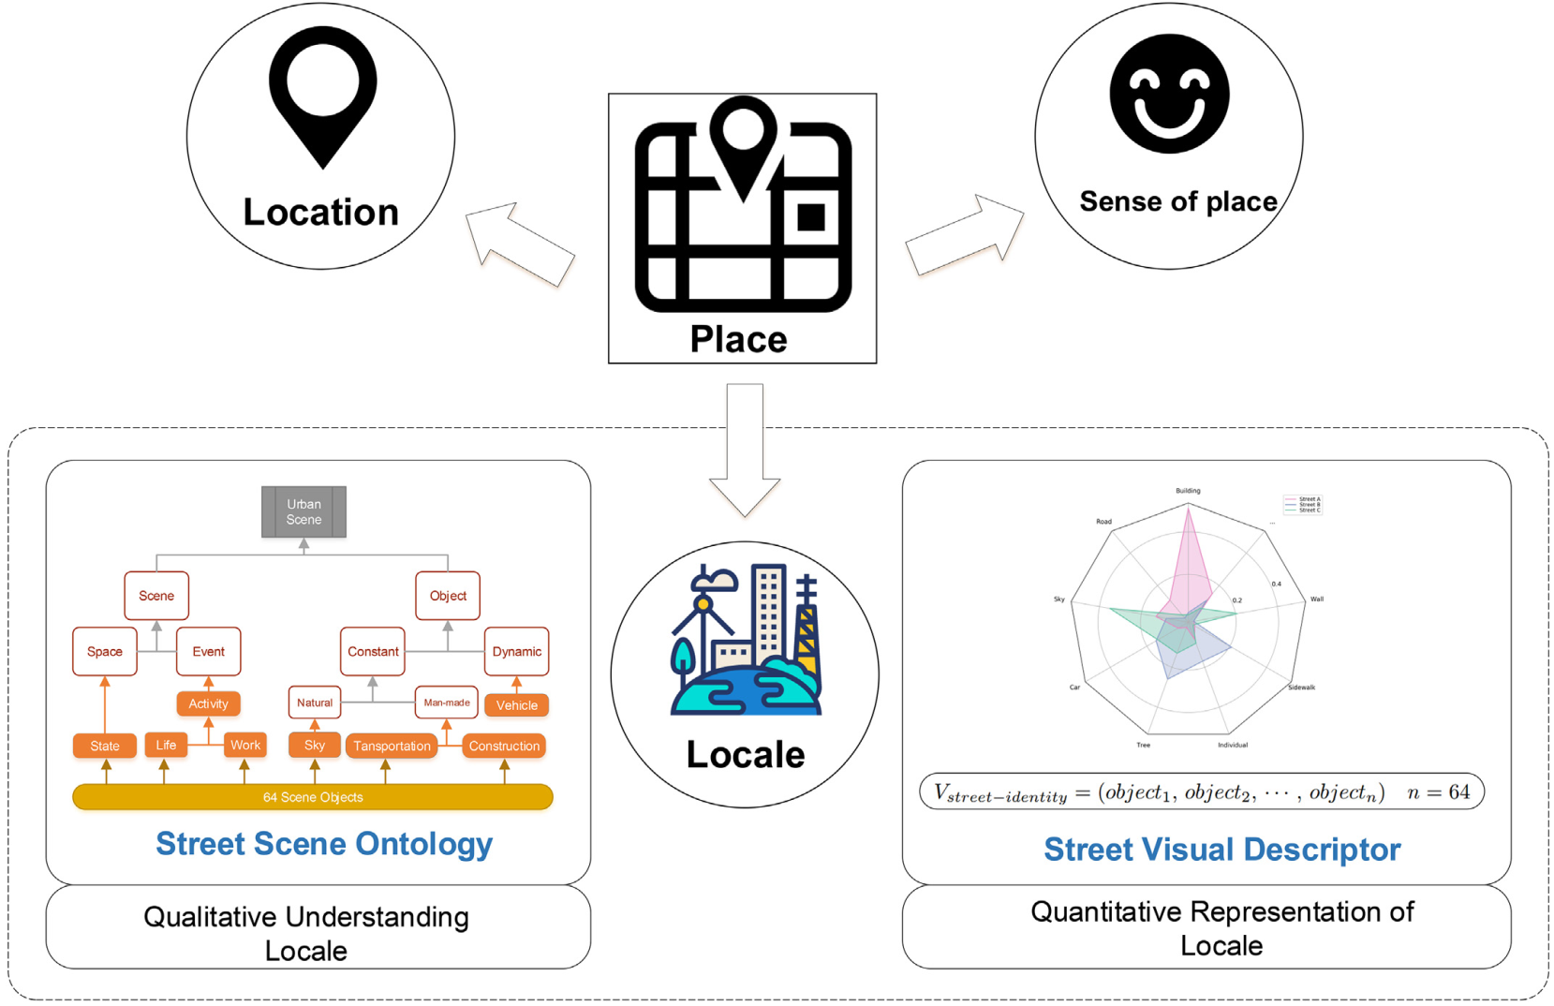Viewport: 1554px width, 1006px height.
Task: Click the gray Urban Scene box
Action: tap(303, 511)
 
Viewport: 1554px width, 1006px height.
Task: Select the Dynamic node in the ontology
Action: tap(516, 651)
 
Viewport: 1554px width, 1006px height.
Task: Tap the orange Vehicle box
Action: tap(516, 705)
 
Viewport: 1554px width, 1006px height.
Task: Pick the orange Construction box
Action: tap(504, 746)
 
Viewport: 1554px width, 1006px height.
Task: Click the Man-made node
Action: tap(446, 703)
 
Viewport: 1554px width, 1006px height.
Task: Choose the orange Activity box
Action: tap(208, 703)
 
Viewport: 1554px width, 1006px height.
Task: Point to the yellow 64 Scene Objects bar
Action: tap(312, 797)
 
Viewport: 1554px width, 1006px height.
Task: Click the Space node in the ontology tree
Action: tap(105, 651)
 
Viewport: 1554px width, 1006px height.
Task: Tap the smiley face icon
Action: tap(1169, 94)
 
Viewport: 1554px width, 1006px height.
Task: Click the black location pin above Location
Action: tap(322, 95)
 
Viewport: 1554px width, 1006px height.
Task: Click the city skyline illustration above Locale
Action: tap(746, 641)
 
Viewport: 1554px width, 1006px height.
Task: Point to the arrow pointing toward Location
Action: tap(518, 244)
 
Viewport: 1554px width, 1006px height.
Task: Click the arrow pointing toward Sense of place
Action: tap(966, 235)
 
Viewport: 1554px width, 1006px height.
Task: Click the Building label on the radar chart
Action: tap(1188, 491)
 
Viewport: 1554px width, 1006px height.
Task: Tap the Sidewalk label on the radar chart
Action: tap(1301, 688)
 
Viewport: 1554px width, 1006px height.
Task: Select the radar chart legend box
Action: tap(1302, 505)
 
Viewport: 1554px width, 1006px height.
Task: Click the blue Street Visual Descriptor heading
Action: tap(1221, 850)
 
